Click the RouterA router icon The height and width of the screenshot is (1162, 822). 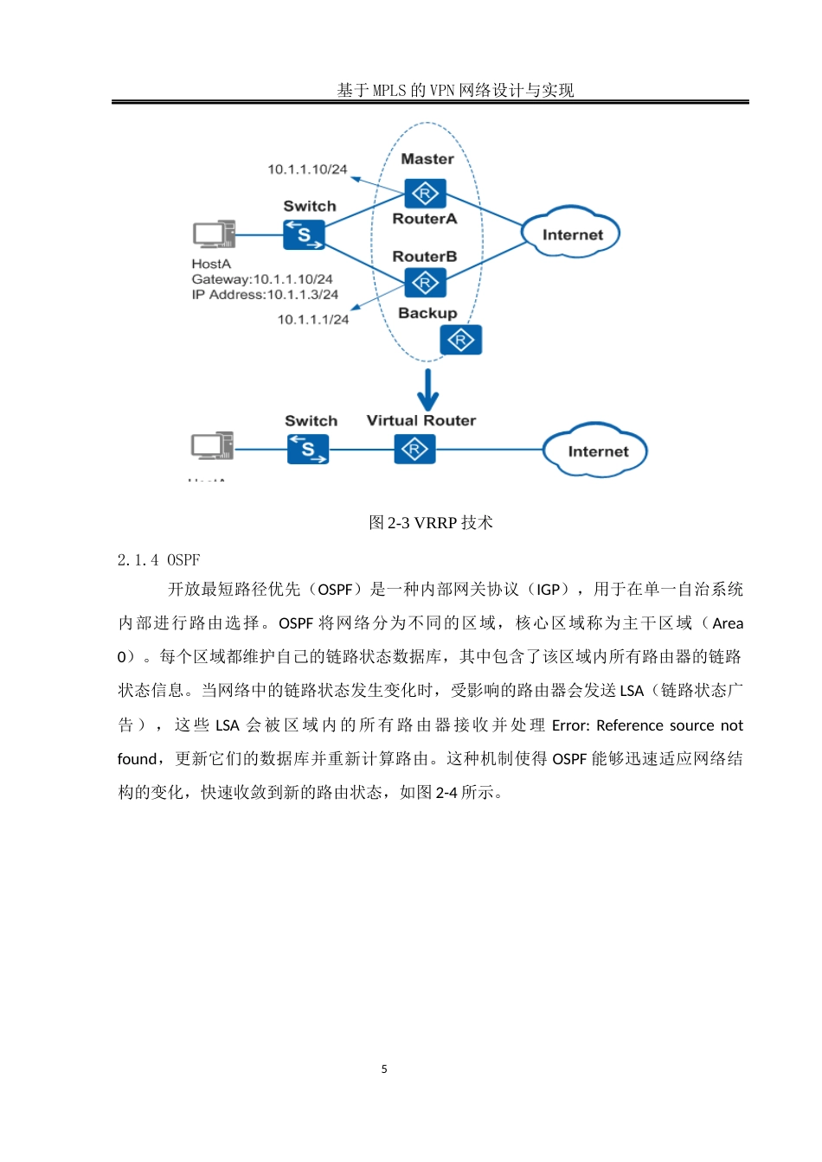point(425,194)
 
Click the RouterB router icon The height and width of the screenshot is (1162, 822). point(425,283)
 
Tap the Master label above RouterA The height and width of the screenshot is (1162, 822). point(427,159)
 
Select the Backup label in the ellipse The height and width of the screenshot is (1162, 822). point(427,313)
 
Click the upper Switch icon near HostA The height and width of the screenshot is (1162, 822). point(304,234)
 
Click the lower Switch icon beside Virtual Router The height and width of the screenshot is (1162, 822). point(308,449)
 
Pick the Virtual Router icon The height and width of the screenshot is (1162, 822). point(414,450)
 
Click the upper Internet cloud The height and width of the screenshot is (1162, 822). point(571,234)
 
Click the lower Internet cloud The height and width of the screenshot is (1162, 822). point(596,450)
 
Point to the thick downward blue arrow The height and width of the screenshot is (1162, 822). point(427,390)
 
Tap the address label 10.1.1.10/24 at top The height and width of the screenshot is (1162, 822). point(307,169)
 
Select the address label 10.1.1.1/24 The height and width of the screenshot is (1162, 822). point(312,320)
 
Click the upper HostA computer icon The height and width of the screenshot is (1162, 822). point(214,234)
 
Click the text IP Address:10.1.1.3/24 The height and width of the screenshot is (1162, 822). point(265,295)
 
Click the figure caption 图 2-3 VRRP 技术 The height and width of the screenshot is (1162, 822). point(430,522)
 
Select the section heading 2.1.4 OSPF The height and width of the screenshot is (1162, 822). point(158,560)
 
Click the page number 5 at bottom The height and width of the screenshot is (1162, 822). point(384,1069)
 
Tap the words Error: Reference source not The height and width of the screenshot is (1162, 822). point(647,725)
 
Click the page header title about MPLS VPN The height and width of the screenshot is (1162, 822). point(455,90)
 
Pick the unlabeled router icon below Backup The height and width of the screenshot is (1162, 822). point(460,340)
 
